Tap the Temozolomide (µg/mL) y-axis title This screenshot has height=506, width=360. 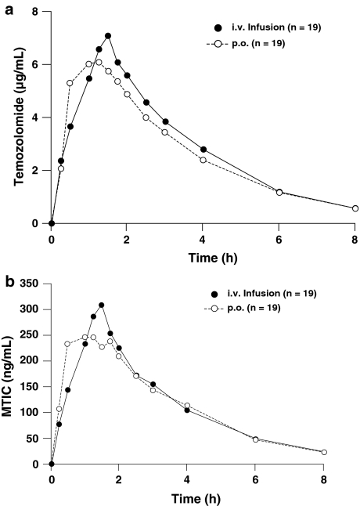13,117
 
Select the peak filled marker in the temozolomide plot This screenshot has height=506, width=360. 108,35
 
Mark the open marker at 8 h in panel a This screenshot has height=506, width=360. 355,208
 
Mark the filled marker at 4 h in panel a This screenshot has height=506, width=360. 203,149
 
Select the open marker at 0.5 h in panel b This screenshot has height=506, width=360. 68,344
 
